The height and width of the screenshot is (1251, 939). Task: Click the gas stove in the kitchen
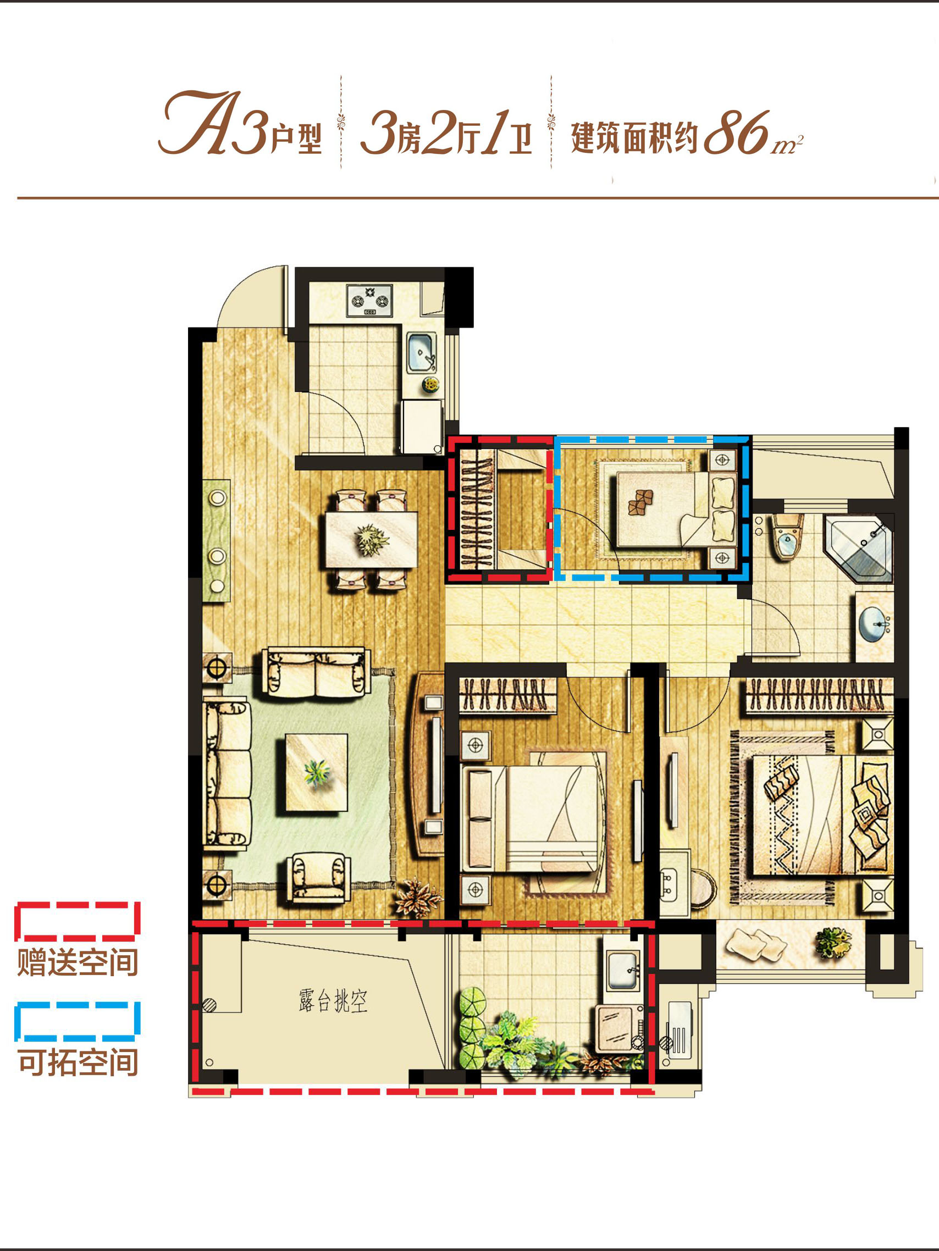tap(370, 300)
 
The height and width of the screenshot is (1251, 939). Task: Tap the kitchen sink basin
tap(421, 353)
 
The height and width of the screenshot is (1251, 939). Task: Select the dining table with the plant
tap(372, 540)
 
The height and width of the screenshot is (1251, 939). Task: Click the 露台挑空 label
tap(333, 1001)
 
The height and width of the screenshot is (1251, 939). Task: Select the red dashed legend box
tap(78, 919)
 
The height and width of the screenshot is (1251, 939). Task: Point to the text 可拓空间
tap(78, 1062)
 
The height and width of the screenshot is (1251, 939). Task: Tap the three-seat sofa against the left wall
tap(227, 776)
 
